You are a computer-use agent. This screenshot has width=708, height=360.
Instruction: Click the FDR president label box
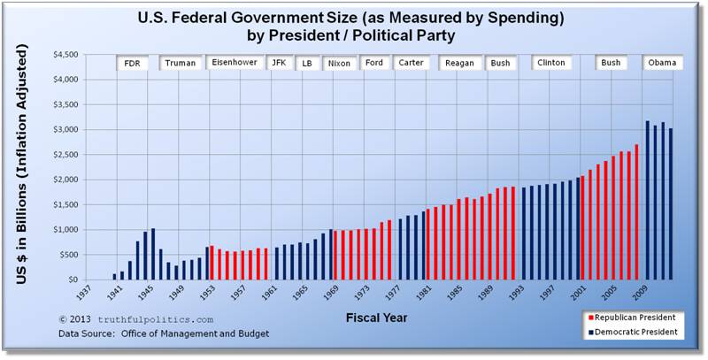coord(131,63)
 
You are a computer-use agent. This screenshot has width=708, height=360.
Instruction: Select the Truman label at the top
coord(180,63)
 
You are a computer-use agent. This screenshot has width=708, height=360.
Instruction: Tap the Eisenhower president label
coord(235,63)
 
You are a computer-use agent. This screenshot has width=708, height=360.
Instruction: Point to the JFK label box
coord(278,63)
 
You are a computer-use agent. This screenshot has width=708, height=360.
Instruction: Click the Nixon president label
coord(339,63)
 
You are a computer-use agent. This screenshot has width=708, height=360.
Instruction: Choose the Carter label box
coord(411,63)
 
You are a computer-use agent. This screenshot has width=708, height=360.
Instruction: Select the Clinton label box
coord(550,63)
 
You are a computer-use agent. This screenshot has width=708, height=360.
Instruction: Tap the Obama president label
coord(662,63)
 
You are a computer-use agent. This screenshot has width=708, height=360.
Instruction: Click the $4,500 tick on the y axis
coord(65,55)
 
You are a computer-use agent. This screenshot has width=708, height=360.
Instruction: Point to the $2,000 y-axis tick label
coord(65,180)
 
